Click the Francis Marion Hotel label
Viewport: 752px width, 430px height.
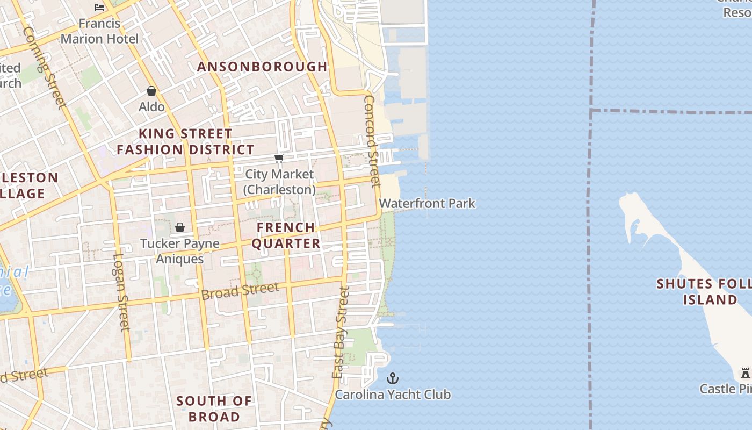coord(99,31)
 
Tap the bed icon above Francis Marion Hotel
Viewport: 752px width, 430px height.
coord(99,7)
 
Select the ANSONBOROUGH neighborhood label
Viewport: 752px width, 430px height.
coord(262,67)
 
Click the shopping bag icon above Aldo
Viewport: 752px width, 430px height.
coord(151,91)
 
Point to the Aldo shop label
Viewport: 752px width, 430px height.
coord(151,107)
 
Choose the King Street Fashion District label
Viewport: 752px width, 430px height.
coord(186,141)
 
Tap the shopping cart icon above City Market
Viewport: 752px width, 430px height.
coord(279,158)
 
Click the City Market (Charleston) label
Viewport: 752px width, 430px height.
coord(279,182)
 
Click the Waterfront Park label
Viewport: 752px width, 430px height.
coord(427,204)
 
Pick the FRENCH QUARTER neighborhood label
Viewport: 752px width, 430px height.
coord(286,235)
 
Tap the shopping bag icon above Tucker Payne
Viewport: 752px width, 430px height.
coord(180,227)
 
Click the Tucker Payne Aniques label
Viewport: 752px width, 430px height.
coord(180,251)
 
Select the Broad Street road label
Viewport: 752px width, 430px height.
coord(240,291)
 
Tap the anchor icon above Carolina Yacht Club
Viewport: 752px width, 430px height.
coord(393,378)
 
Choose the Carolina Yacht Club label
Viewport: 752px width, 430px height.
coord(393,395)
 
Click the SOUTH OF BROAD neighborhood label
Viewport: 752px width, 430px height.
coord(214,408)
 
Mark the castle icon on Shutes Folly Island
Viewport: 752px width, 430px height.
coord(745,372)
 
